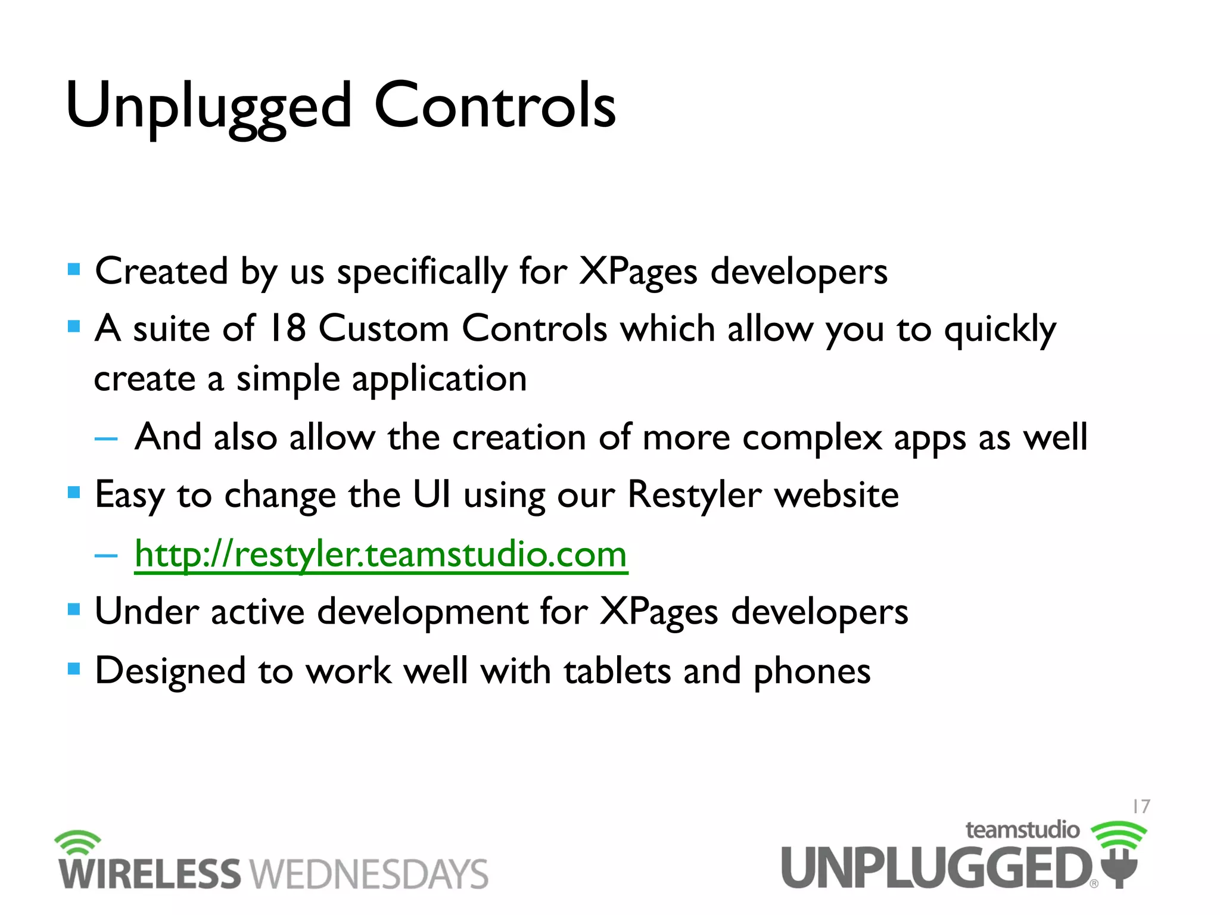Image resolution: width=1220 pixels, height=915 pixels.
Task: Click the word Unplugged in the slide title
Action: tap(208, 107)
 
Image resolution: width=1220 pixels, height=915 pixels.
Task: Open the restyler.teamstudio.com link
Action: tap(381, 555)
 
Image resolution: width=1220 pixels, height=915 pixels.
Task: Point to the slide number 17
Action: tap(1141, 807)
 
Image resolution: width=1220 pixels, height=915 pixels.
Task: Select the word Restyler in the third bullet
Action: tap(694, 494)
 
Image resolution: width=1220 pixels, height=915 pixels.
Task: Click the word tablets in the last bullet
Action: tap(617, 671)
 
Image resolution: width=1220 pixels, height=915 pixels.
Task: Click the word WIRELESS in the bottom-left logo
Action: tap(149, 874)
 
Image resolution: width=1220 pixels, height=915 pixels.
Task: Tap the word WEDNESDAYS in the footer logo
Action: tap(369, 874)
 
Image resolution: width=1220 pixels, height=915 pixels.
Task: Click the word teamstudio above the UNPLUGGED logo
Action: tap(1022, 830)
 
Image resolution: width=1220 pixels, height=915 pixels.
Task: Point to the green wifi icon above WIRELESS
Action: tap(78, 842)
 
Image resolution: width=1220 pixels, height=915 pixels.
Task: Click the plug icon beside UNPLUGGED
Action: tap(1119, 867)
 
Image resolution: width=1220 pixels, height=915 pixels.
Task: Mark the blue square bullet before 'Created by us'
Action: tap(74, 270)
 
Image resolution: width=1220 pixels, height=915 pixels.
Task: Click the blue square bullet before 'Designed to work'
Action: tap(74, 669)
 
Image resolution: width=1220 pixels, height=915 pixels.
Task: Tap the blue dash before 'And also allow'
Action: tap(106, 439)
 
